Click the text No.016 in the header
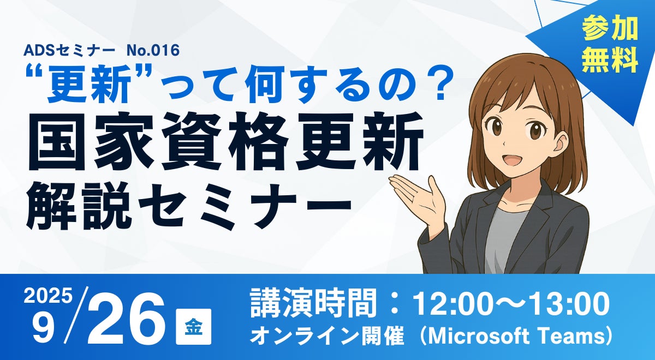153,50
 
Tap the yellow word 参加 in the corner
610,29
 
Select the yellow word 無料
610,61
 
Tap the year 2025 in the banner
48,297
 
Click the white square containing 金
193,326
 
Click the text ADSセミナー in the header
69,50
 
